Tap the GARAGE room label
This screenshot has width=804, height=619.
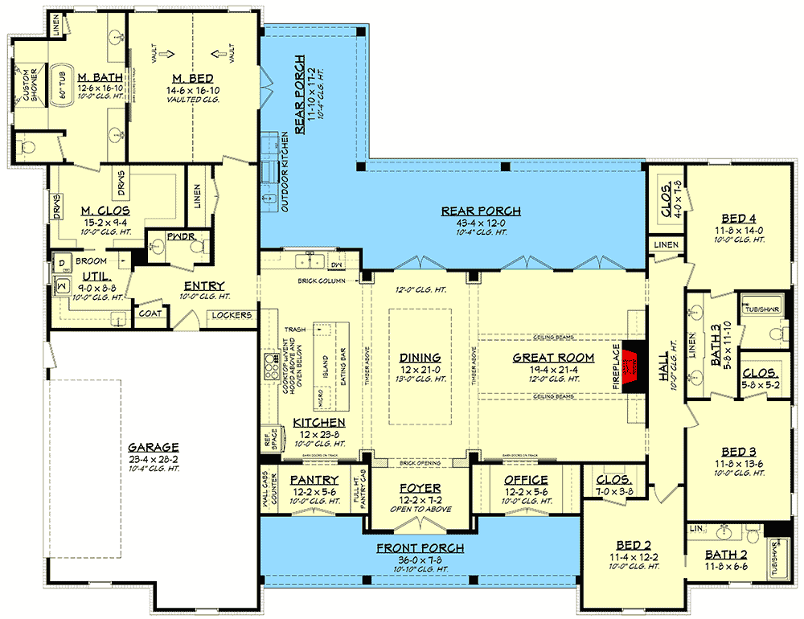tap(153, 448)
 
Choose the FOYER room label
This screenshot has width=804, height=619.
tap(420, 488)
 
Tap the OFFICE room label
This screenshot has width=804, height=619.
tap(526, 480)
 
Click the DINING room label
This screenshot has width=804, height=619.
tap(420, 358)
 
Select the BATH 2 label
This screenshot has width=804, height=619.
tap(727, 555)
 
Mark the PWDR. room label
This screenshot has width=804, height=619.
tap(177, 238)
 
